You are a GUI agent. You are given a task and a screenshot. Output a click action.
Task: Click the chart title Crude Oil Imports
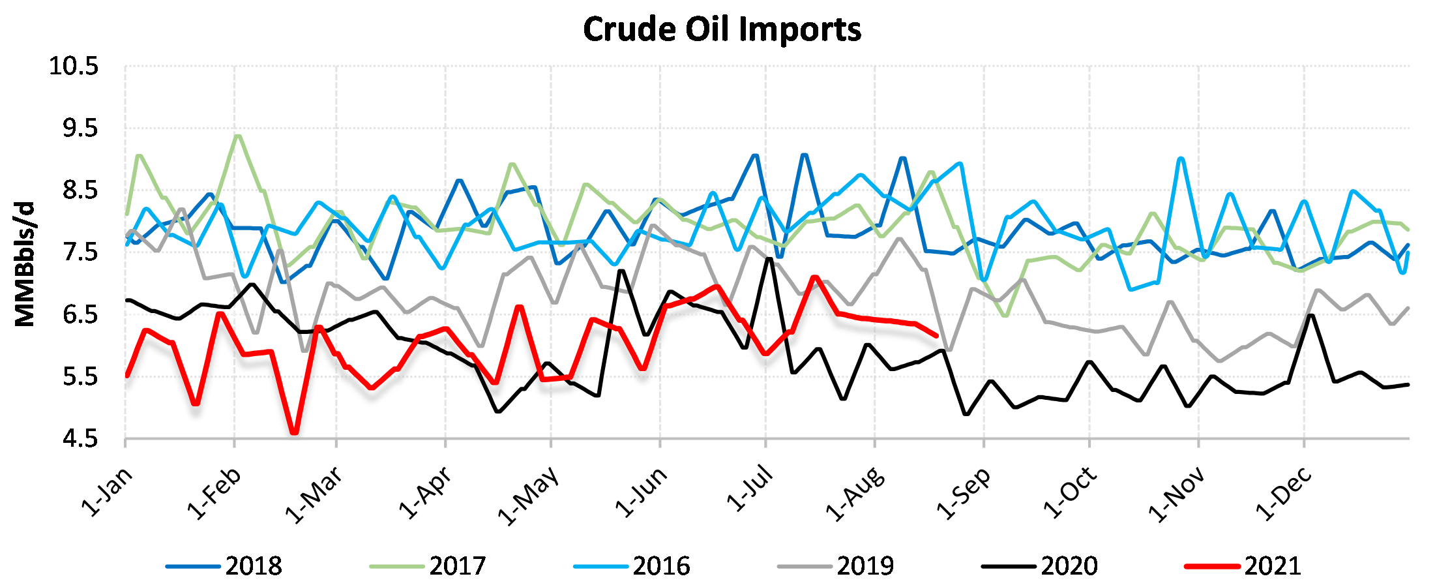pos(722,30)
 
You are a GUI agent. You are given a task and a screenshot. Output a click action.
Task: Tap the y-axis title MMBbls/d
pos(25,264)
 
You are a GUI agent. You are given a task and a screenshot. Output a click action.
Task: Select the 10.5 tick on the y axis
pos(74,67)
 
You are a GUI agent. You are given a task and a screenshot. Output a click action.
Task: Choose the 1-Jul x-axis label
pos(750,489)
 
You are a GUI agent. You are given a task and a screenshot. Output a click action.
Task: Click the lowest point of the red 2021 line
pos(295,432)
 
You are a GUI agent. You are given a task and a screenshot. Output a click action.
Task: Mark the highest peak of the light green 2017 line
pos(237,136)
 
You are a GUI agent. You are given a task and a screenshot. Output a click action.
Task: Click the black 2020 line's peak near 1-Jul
pos(769,258)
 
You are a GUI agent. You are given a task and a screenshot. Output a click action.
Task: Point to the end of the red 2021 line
pos(936,336)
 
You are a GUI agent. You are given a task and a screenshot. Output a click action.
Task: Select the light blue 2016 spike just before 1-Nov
pos(1181,158)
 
